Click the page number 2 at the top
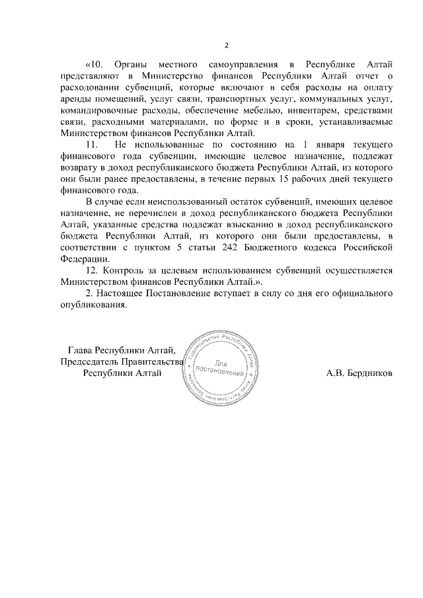tap(226, 46)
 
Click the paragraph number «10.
tap(96, 64)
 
